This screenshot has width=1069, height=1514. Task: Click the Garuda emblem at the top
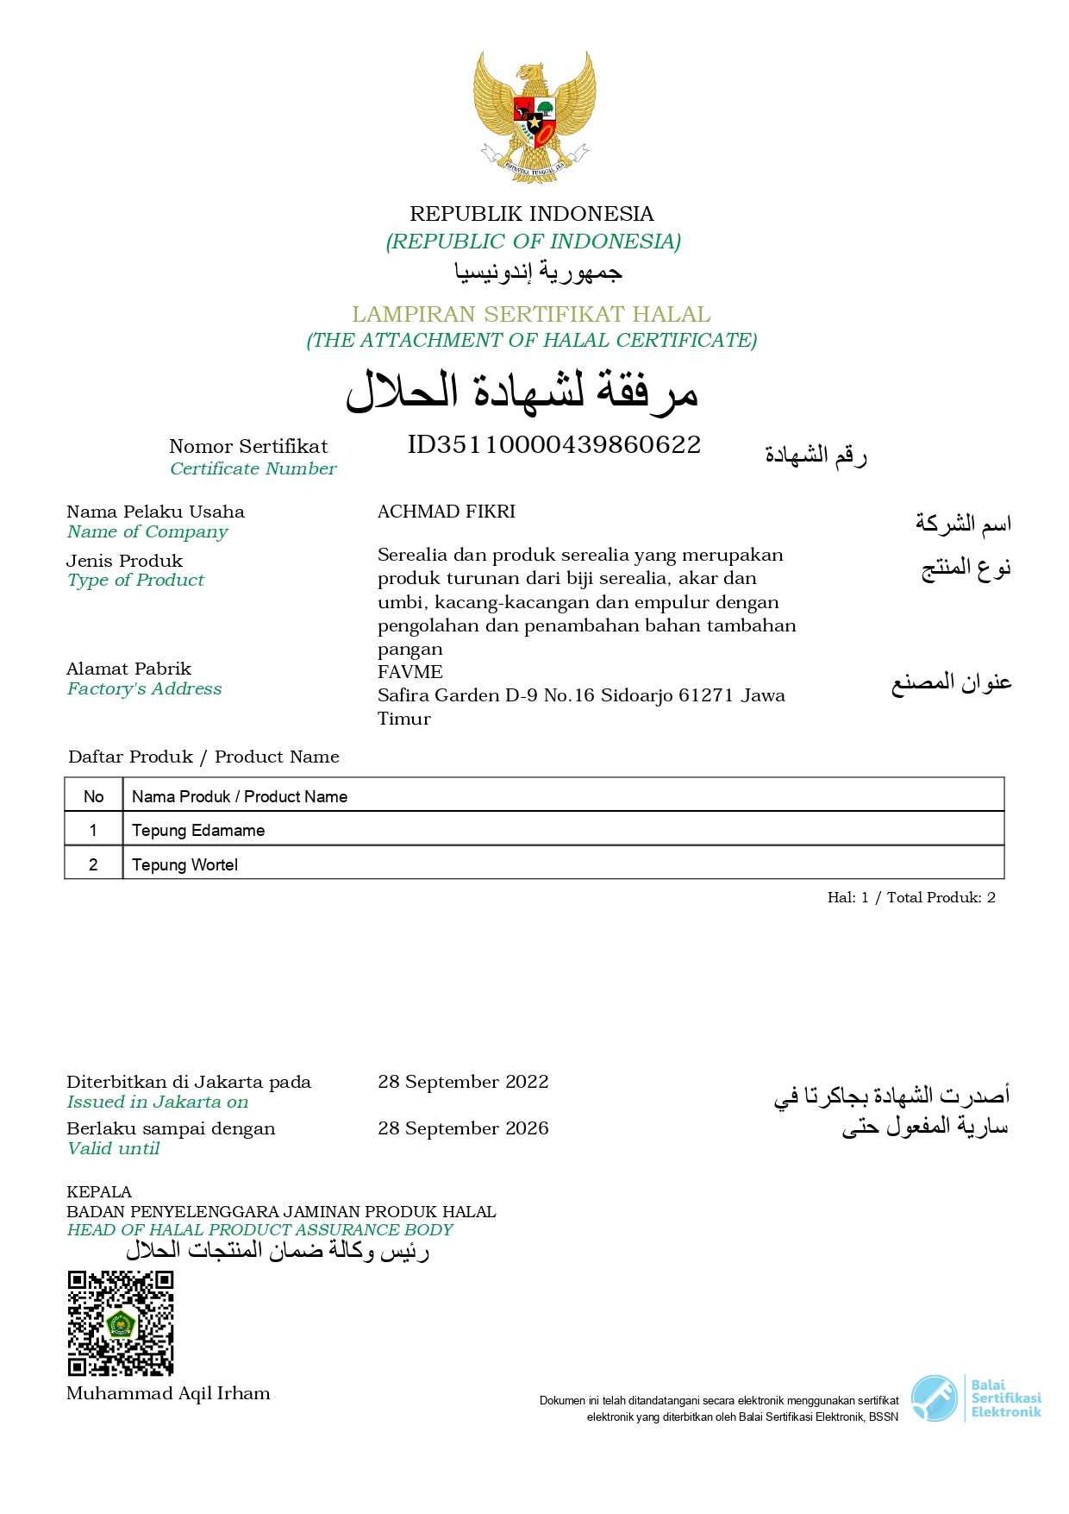point(534,116)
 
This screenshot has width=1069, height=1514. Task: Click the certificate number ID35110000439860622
point(553,445)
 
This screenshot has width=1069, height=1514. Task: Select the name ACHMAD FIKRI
point(447,512)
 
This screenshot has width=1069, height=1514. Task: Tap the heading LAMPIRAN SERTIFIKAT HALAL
point(531,314)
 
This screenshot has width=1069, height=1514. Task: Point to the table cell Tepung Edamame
point(198,830)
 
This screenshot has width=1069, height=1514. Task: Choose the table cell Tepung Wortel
point(184,864)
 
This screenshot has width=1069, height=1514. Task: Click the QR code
point(121,1322)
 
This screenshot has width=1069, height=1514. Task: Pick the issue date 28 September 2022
point(463,1082)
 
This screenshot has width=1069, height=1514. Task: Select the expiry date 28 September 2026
point(463,1128)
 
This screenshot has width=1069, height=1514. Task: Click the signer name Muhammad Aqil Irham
point(168,1393)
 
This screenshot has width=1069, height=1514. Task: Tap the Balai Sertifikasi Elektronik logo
point(976,1398)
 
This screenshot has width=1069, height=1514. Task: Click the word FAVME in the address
point(410,672)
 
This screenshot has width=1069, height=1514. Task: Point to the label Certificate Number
point(253,468)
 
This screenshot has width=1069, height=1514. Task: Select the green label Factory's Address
point(144,688)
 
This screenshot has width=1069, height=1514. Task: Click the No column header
point(93,796)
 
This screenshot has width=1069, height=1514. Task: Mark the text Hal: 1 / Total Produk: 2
point(911,897)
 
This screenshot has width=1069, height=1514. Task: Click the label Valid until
point(113,1148)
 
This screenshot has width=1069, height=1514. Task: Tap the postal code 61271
point(705,695)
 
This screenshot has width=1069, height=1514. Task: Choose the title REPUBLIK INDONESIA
point(531,214)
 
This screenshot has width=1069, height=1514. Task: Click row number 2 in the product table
point(93,864)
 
